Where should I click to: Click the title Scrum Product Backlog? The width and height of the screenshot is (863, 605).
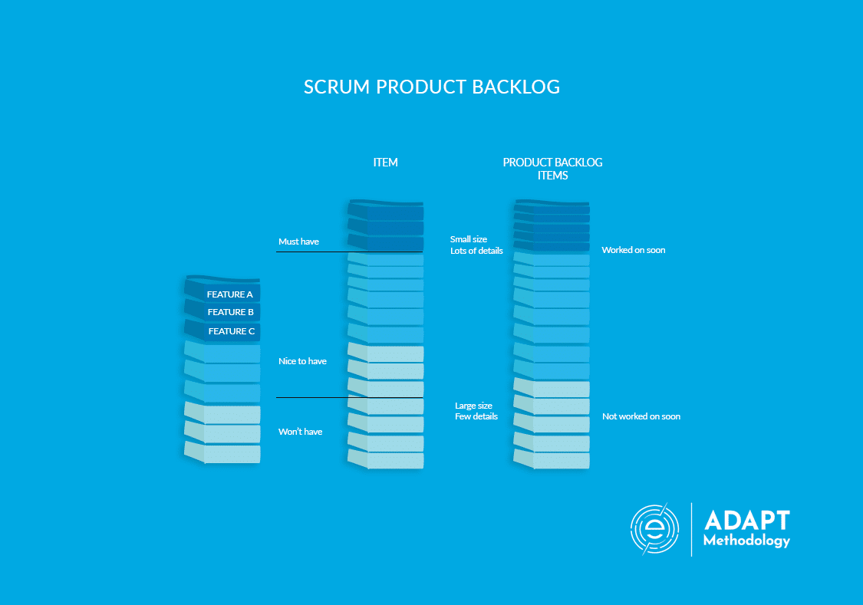(x=431, y=87)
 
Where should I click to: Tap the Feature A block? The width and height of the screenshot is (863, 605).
(x=229, y=294)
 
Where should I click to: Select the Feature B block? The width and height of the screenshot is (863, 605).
(x=230, y=312)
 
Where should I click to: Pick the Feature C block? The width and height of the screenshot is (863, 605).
(x=231, y=331)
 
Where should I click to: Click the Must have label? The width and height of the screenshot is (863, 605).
(x=298, y=242)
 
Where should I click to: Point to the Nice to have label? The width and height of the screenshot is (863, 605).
(x=302, y=361)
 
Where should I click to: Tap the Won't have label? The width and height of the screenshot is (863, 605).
(x=300, y=432)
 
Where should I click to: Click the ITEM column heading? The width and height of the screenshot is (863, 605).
(x=385, y=163)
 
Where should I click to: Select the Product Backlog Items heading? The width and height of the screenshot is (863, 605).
(x=552, y=169)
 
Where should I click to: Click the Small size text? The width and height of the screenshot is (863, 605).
(x=468, y=239)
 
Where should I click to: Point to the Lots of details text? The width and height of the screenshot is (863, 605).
(x=476, y=251)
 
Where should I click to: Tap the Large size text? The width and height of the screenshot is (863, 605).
(x=473, y=406)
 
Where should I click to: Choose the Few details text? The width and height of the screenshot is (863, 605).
(x=476, y=416)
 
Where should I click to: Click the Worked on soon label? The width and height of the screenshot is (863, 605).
(x=633, y=250)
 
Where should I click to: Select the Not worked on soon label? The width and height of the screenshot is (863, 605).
(x=641, y=416)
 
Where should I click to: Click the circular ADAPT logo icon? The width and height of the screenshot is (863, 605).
(x=655, y=529)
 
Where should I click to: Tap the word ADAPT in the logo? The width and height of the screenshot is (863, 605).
(x=746, y=521)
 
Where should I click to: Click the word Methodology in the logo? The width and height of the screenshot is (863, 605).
(x=746, y=541)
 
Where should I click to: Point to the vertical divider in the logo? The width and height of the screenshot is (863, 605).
(x=692, y=529)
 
